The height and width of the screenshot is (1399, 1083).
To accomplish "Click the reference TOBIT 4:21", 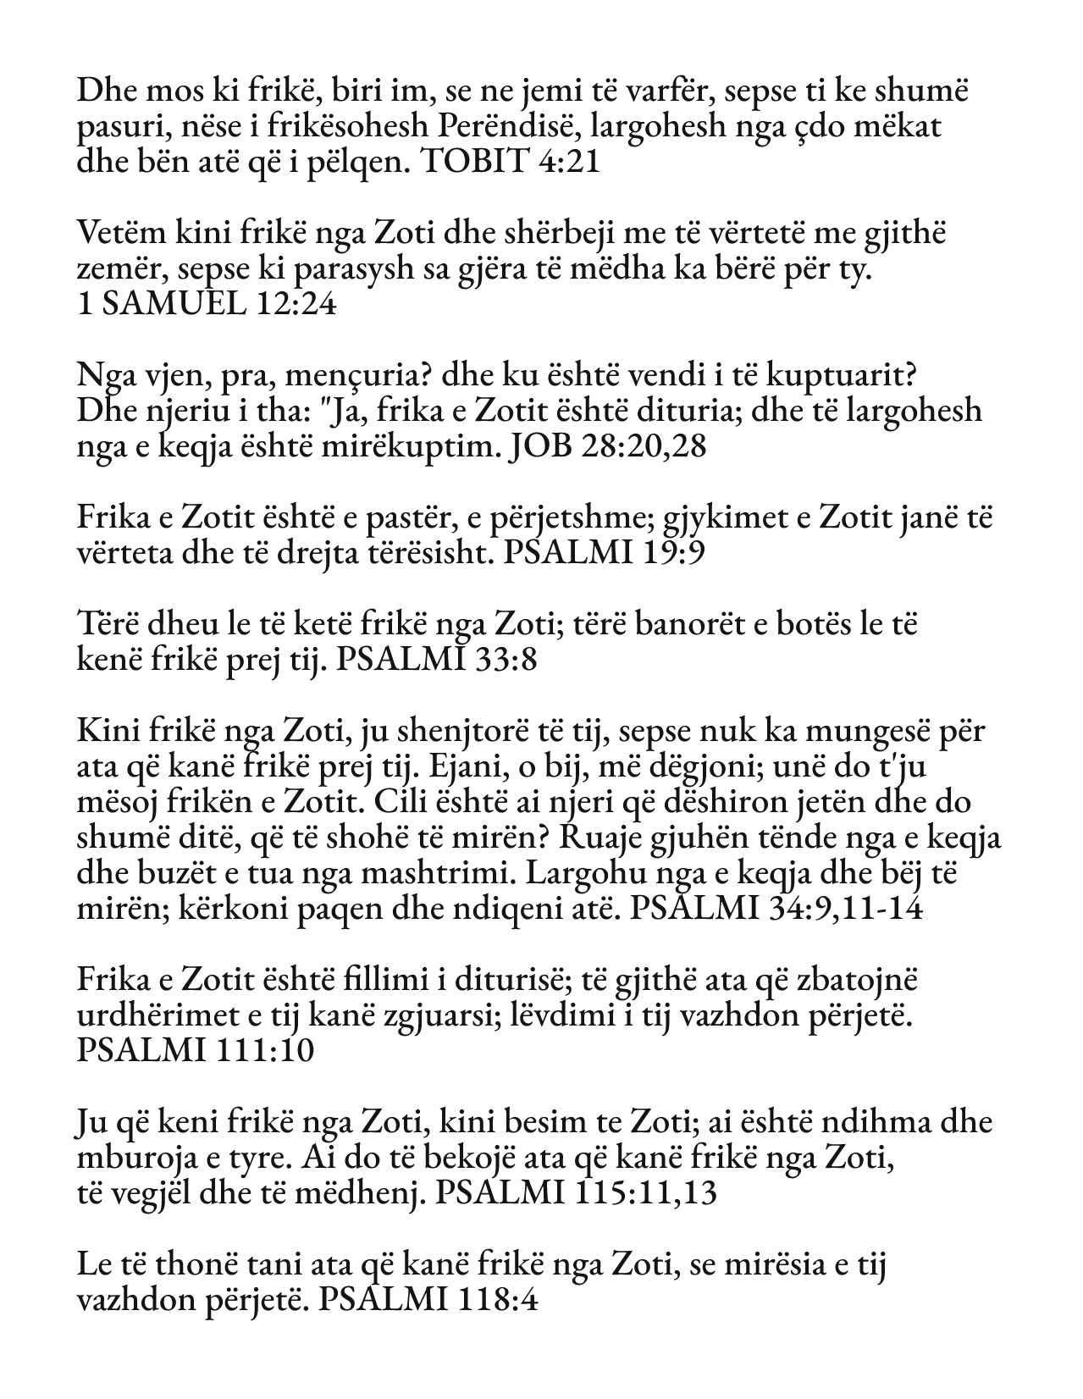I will [511, 162].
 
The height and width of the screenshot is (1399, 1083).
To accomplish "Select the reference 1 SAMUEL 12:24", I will [206, 303].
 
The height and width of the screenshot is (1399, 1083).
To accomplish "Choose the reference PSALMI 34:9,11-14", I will [777, 908].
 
